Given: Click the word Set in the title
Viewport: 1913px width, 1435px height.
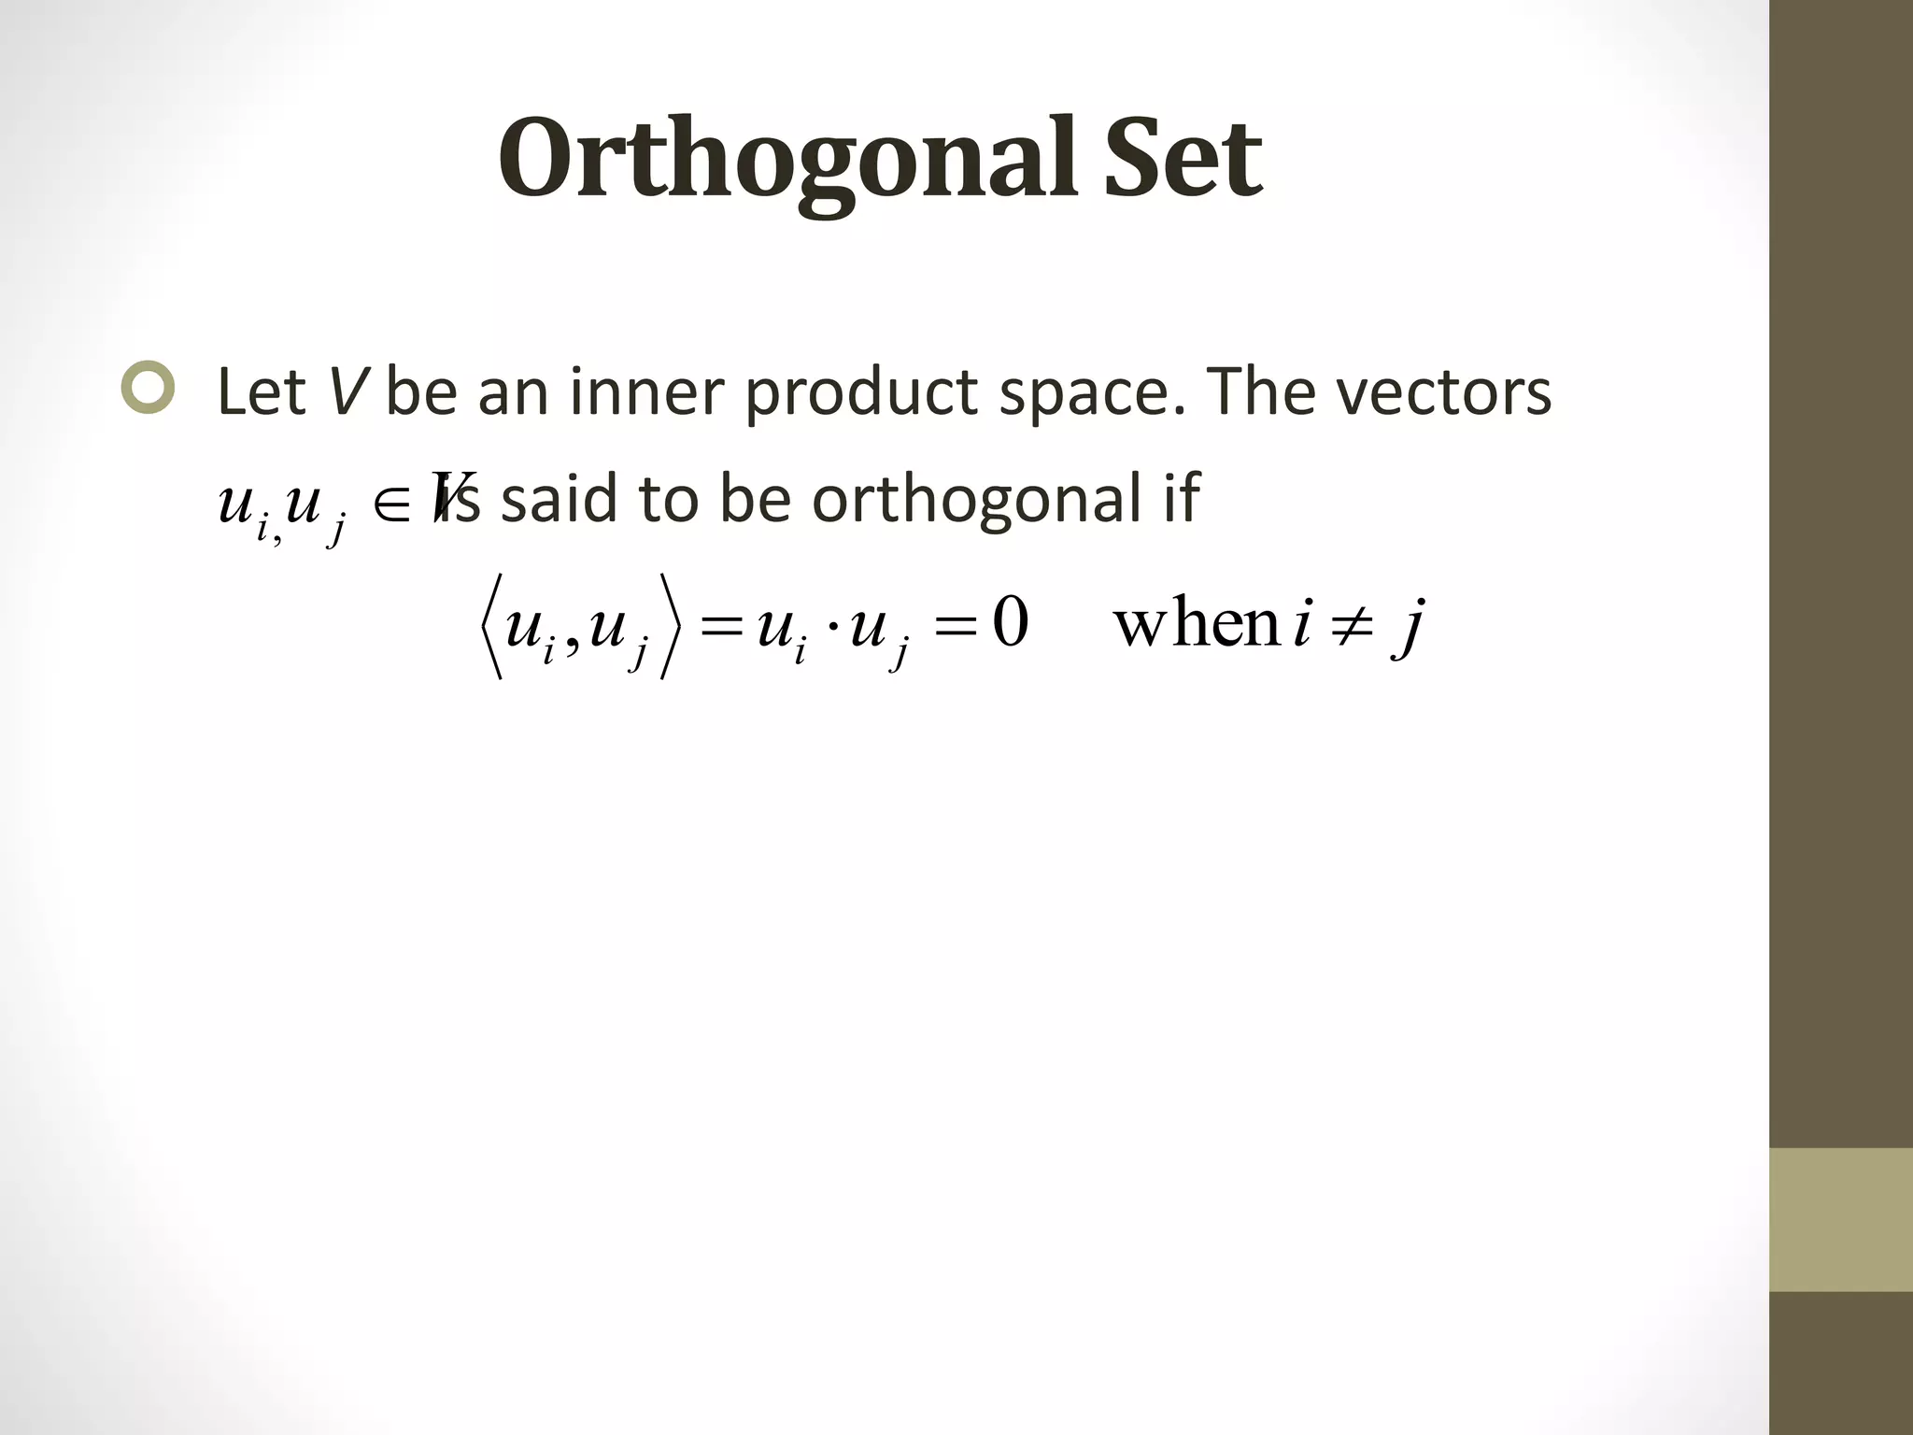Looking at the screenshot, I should [1183, 159].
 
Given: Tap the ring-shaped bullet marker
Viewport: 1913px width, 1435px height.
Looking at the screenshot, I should [148, 387].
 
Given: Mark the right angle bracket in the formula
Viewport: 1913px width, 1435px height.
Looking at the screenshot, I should [670, 626].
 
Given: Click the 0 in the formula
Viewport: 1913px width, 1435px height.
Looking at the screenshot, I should [1011, 624].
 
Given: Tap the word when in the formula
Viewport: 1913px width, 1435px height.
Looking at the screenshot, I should [1196, 624].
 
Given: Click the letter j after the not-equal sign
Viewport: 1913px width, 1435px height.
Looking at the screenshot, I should [1409, 628].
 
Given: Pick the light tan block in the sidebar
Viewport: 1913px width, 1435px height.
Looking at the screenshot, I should [1840, 1219].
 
